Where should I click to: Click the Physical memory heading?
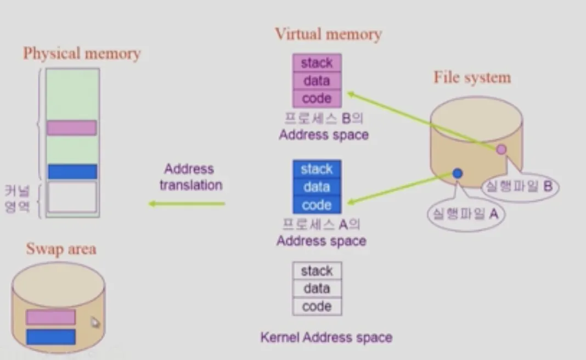pos(82,53)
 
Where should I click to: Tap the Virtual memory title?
pos(328,35)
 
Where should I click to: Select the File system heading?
pos(472,77)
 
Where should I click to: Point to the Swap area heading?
pos(61,249)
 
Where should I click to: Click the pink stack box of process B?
pos(317,63)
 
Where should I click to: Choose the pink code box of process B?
pos(317,99)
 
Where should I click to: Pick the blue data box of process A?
pos(317,187)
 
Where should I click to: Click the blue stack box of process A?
pos(317,169)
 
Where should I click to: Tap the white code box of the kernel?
pos(317,306)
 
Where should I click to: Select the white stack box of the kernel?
pos(317,271)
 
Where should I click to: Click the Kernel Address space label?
pos(326,337)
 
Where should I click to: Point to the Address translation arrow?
pos(187,204)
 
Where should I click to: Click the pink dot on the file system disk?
pos(501,149)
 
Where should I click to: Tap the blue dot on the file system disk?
pos(458,173)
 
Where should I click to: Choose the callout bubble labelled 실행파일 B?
pos(520,187)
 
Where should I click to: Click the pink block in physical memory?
pos(72,128)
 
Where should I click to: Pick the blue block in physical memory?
pos(72,172)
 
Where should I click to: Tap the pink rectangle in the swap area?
pos(50,317)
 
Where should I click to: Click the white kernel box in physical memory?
pos(72,197)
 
